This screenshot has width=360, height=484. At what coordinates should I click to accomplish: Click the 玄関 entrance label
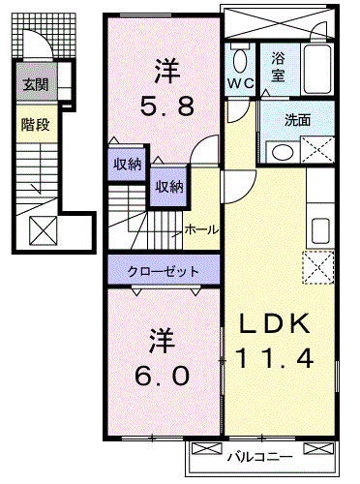(36, 85)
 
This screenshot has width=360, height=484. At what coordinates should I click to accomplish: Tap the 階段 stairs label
(36, 124)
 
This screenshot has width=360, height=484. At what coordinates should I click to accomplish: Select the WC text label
(241, 83)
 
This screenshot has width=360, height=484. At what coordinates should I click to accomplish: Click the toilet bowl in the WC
(240, 61)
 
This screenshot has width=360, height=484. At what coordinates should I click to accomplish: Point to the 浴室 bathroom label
(278, 67)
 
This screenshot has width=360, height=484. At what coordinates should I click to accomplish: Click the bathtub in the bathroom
(317, 70)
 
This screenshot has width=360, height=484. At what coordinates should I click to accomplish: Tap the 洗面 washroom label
(297, 120)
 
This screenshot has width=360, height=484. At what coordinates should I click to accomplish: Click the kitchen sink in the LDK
(320, 230)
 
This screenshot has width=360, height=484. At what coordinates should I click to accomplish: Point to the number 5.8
(167, 106)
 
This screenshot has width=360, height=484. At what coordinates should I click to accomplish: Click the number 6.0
(162, 376)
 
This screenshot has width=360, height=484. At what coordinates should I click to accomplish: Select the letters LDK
(275, 323)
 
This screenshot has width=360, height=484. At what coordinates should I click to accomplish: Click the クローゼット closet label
(164, 271)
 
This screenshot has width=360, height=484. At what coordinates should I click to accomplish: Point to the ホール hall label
(201, 229)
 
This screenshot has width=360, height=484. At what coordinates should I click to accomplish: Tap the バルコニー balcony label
(260, 457)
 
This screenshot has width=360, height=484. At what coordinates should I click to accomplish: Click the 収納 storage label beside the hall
(169, 187)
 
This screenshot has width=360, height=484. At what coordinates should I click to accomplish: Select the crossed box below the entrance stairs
(44, 230)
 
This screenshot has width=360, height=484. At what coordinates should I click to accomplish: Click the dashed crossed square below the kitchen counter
(318, 267)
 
